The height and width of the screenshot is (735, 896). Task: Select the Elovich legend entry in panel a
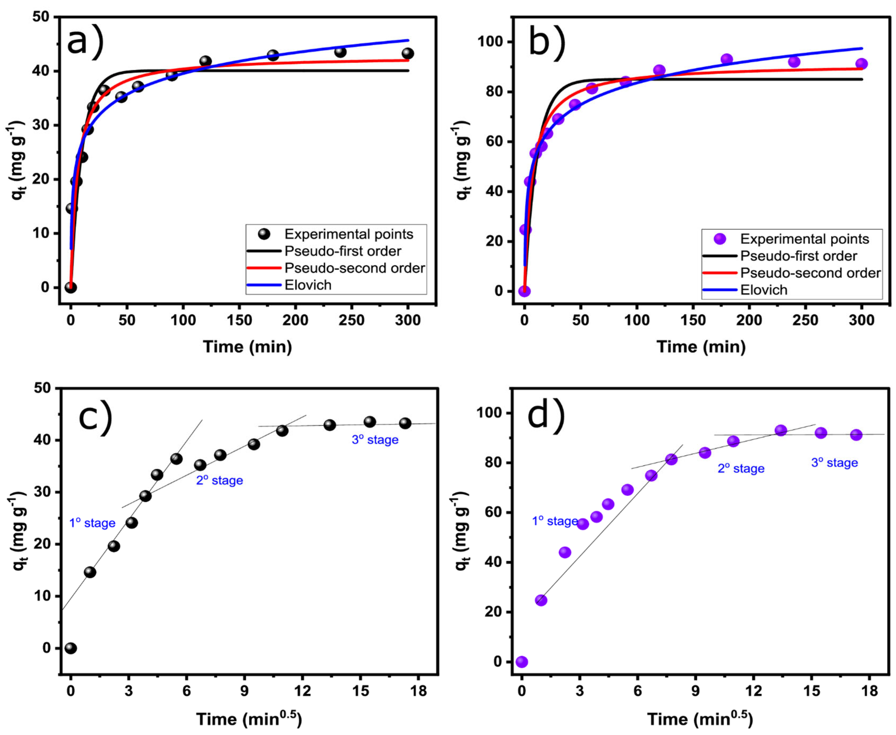click(308, 285)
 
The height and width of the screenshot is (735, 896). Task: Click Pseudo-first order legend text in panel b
click(799, 256)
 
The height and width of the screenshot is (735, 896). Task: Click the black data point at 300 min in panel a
click(408, 53)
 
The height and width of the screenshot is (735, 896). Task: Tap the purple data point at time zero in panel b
click(524, 291)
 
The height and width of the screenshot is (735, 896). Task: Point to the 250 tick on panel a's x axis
click(352, 320)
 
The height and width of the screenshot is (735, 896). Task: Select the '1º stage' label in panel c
click(92, 523)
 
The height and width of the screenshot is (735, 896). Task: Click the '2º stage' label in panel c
click(219, 481)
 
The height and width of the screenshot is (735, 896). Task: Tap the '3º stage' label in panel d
click(834, 463)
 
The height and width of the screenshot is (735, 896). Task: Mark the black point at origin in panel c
click(71, 648)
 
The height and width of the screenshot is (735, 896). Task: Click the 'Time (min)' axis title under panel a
click(247, 347)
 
